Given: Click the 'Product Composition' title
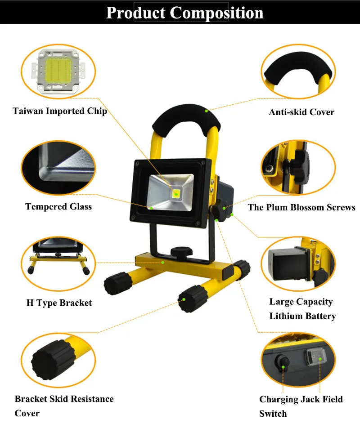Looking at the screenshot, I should tap(184, 13).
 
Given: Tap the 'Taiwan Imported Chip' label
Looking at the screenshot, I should tap(60, 111).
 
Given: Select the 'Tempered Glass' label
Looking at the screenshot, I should tap(58, 207).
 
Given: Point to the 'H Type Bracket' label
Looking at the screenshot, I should tap(59, 303).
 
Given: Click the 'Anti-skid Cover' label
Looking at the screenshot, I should tap(301, 112).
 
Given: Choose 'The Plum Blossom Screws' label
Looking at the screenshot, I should tap(301, 207).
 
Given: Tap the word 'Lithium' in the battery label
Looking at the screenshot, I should tap(284, 316).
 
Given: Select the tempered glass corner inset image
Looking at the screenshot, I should tap(58, 166).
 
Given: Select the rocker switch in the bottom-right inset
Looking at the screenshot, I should tap(315, 358).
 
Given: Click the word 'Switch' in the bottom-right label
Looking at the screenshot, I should tap(273, 413).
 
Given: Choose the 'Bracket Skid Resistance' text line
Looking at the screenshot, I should tap(64, 399).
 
